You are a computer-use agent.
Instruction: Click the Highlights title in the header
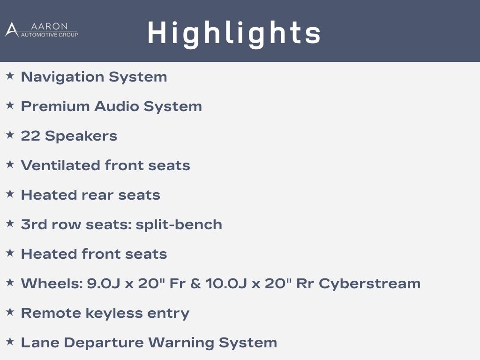(234, 34)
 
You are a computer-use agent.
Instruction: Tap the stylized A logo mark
(12, 30)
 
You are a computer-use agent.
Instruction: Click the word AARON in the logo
(49, 26)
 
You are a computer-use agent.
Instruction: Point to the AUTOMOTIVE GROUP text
(49, 35)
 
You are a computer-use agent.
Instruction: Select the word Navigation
(63, 77)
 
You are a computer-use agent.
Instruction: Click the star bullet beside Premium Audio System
(10, 105)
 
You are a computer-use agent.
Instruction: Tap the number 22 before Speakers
(30, 136)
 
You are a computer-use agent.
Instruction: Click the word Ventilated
(60, 165)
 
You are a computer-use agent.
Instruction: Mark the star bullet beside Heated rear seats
(10, 194)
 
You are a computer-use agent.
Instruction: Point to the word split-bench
(179, 225)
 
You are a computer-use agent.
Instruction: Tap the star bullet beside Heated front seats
(10, 253)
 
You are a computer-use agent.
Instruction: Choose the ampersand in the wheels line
(195, 284)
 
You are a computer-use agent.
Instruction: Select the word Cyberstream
(370, 284)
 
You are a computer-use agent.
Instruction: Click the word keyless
(114, 313)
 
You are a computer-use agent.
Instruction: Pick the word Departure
(104, 343)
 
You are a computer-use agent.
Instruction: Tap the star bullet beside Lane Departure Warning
(10, 341)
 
